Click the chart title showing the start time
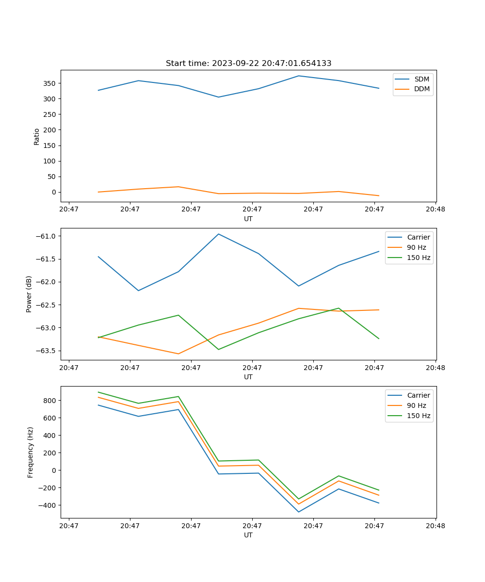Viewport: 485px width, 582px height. point(248,64)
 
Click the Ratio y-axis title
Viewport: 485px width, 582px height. point(37,136)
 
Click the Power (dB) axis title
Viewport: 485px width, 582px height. point(29,294)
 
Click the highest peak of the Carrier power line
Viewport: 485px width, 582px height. point(218,234)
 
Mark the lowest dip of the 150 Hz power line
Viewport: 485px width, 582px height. point(218,349)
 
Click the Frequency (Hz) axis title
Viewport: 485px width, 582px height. point(31,452)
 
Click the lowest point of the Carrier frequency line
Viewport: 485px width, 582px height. point(298,512)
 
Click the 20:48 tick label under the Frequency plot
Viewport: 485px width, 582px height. point(435,525)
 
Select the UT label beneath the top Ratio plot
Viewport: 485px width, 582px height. point(248,219)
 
